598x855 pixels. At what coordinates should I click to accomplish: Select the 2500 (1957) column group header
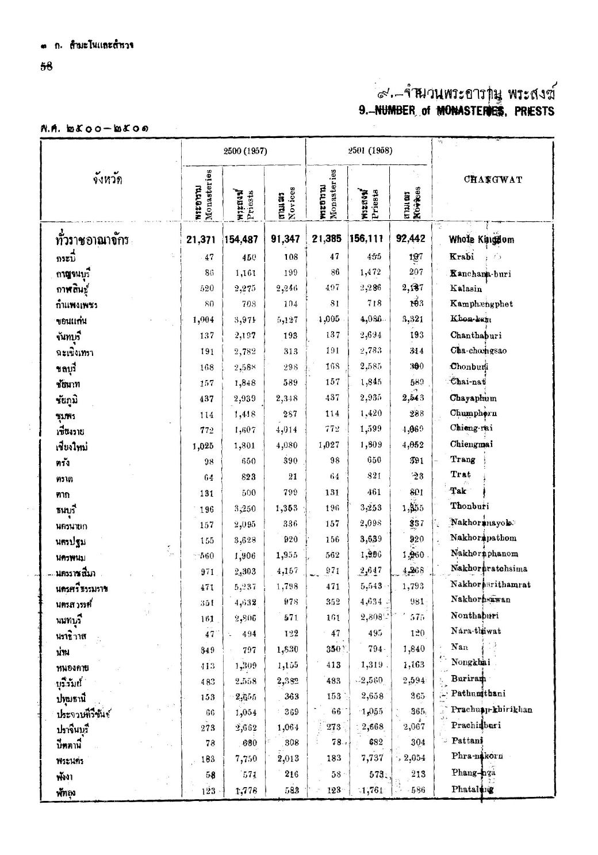pos(243,151)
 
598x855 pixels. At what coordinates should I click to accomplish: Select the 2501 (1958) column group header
pos(369,151)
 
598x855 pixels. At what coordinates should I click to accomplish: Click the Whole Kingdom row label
pos(477,240)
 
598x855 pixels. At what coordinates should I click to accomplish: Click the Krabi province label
pos(461,256)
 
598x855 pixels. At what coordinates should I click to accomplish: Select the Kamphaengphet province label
pos(481,304)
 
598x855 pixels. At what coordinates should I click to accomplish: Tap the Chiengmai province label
pos(472,444)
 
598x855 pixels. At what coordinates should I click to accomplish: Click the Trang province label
pos(463,459)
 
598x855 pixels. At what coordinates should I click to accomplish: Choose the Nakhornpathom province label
pos(484,538)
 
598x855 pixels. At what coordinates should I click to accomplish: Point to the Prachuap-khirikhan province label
pos(492,710)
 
